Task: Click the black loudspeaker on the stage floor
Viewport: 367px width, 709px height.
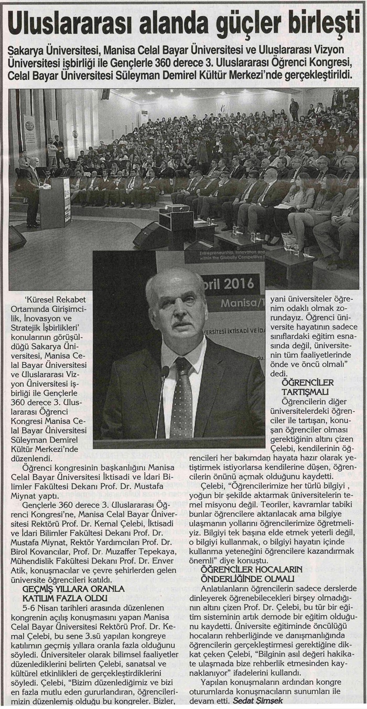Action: pos(149,235)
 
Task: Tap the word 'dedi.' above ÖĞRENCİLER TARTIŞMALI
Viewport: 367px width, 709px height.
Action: pos(279,373)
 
